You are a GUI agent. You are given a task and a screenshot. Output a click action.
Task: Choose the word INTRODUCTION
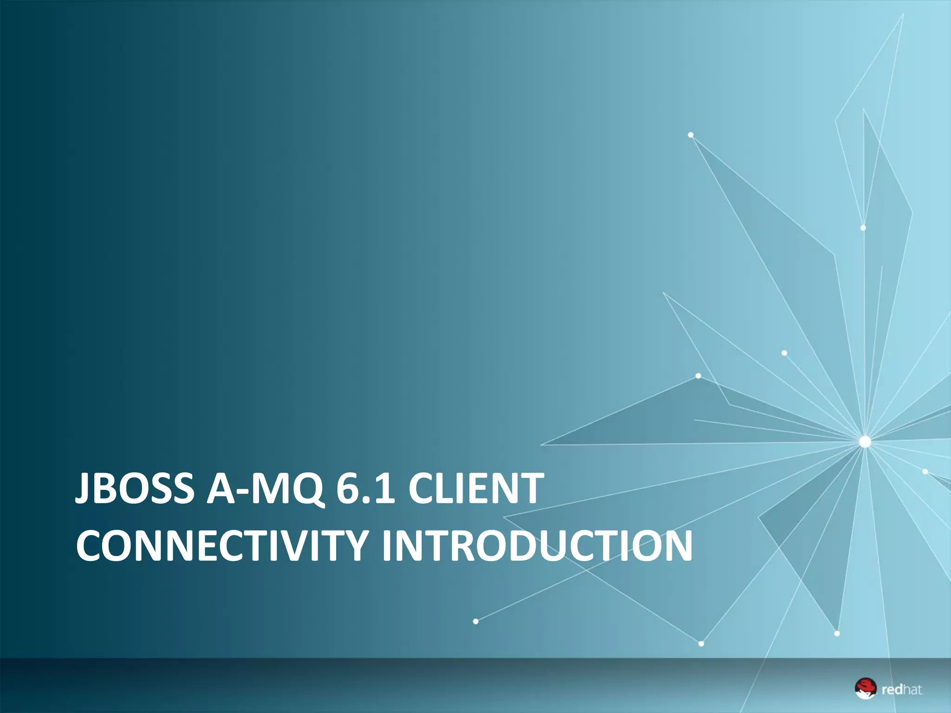[x=536, y=545]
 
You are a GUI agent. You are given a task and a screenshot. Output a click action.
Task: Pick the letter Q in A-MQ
[x=306, y=489]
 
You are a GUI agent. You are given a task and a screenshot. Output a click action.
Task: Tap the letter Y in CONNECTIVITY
[x=358, y=545]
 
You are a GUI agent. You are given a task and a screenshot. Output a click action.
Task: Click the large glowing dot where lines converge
[x=864, y=441]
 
